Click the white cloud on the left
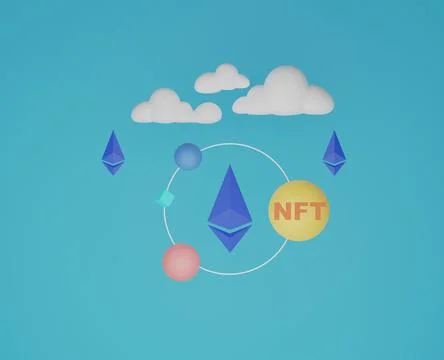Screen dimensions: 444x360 175,106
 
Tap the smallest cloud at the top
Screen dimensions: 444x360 221,80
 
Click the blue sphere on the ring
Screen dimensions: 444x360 187,156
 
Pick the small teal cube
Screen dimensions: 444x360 164,198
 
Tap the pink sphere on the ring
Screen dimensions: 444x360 181,261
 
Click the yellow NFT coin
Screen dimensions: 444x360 299,210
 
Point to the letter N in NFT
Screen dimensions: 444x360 283,211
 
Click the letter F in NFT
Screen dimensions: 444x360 300,211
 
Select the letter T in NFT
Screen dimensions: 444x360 316,211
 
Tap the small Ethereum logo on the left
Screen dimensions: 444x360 114,152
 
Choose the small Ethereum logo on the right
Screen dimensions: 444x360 333,152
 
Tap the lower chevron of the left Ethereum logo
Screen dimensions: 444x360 114,167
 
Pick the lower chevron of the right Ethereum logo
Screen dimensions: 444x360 333,167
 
